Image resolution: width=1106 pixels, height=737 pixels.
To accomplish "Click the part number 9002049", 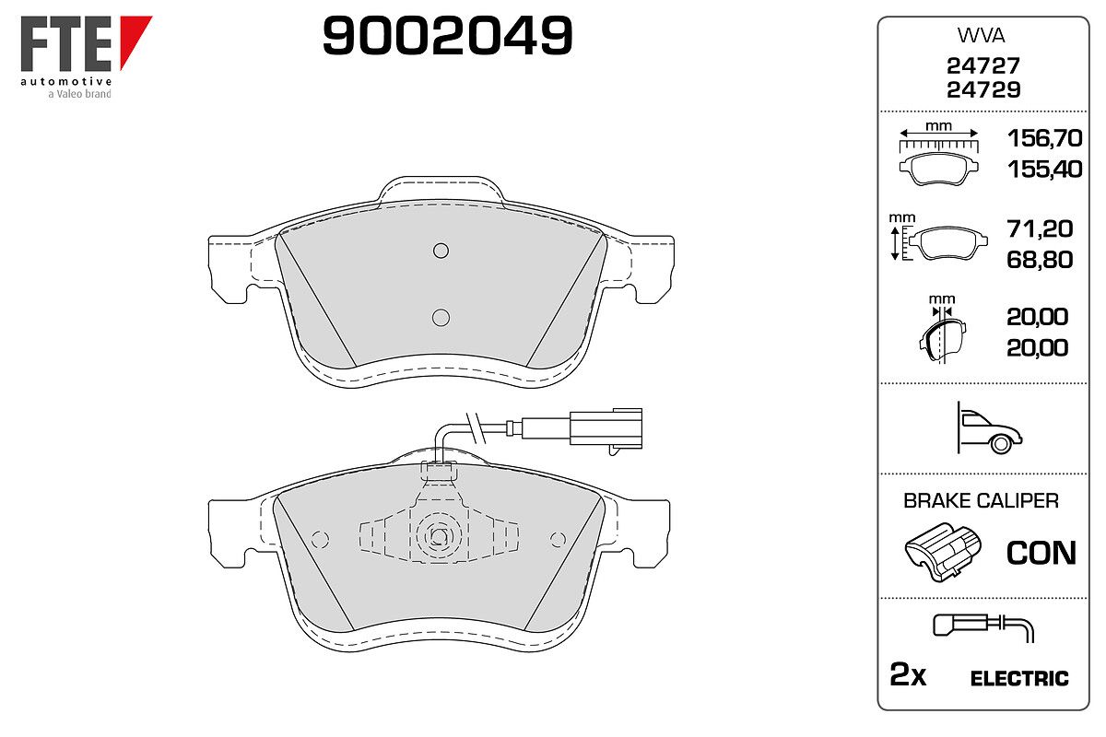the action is coord(447,36).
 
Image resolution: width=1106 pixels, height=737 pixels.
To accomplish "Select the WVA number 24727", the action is coord(983,65).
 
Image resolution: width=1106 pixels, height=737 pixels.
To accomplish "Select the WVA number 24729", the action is coord(983,90).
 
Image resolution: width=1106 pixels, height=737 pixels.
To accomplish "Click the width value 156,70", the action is coord(1044,138).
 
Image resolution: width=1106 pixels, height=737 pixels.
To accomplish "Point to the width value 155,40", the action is coord(1044,170).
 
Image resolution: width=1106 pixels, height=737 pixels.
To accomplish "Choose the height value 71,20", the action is coord(1040,229).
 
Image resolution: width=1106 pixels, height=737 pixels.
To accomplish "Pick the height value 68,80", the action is coord(1040,260).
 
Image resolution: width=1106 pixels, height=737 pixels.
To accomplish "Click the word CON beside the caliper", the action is coord(1041,553).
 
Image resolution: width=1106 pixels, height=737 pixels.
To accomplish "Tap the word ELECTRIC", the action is coord(1019,678).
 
